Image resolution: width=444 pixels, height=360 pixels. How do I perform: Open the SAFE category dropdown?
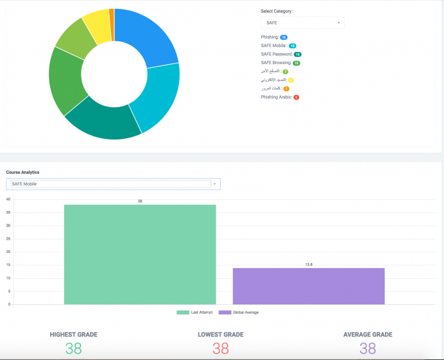tap(303, 23)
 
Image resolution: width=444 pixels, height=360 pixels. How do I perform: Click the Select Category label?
tap(277, 11)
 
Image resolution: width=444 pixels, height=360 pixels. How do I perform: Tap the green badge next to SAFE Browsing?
tap(296, 63)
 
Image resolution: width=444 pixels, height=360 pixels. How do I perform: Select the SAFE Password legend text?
tap(277, 55)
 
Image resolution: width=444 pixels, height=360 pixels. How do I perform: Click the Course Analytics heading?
tap(23, 172)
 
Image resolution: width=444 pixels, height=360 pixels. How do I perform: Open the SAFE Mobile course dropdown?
tap(113, 184)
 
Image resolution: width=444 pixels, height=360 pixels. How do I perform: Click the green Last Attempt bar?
tap(140, 254)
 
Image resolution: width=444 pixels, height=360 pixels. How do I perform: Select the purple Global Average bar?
tap(308, 286)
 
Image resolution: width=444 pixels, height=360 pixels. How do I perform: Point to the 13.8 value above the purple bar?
tap(308, 264)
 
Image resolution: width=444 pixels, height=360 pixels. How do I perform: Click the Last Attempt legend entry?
tap(195, 312)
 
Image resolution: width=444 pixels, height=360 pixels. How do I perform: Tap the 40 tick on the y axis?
tap(8, 199)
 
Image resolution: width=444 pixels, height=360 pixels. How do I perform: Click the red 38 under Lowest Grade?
tap(220, 348)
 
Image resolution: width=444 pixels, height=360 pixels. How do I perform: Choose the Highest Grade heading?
tap(74, 334)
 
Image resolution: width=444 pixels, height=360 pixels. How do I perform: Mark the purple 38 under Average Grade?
tap(367, 348)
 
